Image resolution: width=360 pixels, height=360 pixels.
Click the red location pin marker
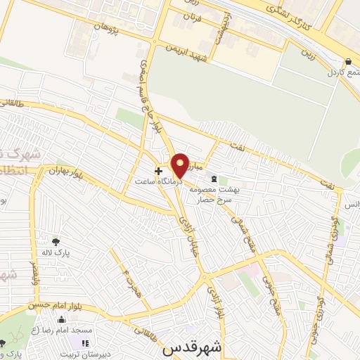(x=180, y=165)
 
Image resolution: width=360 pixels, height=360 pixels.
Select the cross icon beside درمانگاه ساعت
(x=159, y=170)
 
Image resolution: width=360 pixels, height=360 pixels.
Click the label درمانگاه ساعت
(x=159, y=181)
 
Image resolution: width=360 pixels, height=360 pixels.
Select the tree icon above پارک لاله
(x=56, y=241)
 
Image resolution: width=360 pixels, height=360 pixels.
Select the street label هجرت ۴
(x=130, y=281)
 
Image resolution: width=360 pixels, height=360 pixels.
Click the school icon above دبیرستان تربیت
(x=85, y=343)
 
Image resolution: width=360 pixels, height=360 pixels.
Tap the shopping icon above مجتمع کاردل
(x=349, y=60)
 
